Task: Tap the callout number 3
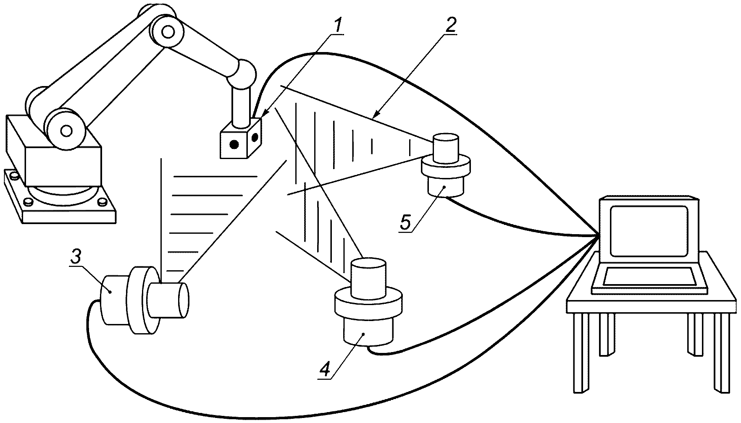tap(75, 258)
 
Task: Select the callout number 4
tap(324, 368)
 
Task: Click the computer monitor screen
tap(649, 231)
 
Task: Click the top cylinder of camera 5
tap(446, 148)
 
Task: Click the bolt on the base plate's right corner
tap(101, 203)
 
